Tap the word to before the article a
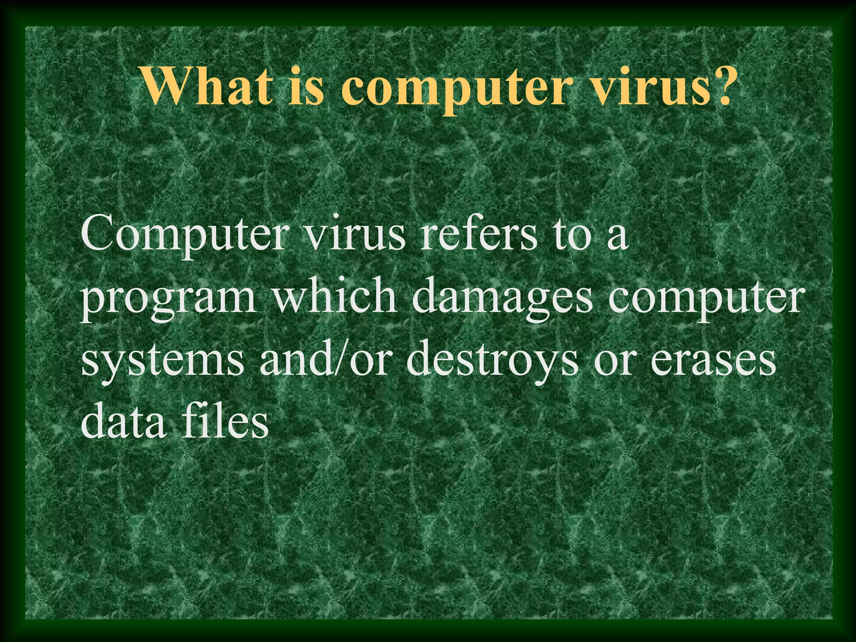[571, 236]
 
